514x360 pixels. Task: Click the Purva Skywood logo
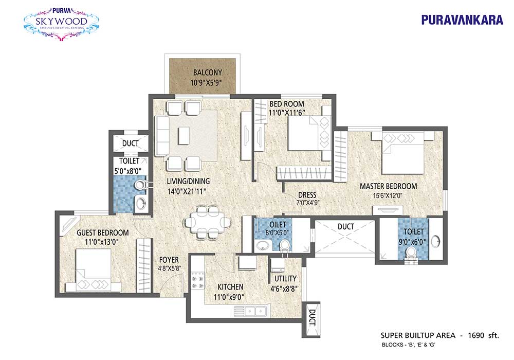(61, 23)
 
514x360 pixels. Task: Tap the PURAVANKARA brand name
(462, 20)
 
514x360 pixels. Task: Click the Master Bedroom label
(389, 186)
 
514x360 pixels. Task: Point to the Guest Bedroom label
(103, 233)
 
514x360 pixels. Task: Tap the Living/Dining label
(188, 181)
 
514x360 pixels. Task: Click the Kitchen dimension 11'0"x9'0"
(229, 297)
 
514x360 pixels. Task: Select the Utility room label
(285, 278)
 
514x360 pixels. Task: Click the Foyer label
(169, 260)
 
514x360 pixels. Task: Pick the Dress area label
(307, 195)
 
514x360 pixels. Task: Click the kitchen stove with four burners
(198, 281)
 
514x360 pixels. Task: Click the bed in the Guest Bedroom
(94, 270)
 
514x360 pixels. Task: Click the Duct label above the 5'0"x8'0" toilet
(130, 143)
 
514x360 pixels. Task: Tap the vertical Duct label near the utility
(312, 318)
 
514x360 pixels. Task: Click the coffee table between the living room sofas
(183, 135)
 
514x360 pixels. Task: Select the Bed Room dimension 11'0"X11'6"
(287, 113)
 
